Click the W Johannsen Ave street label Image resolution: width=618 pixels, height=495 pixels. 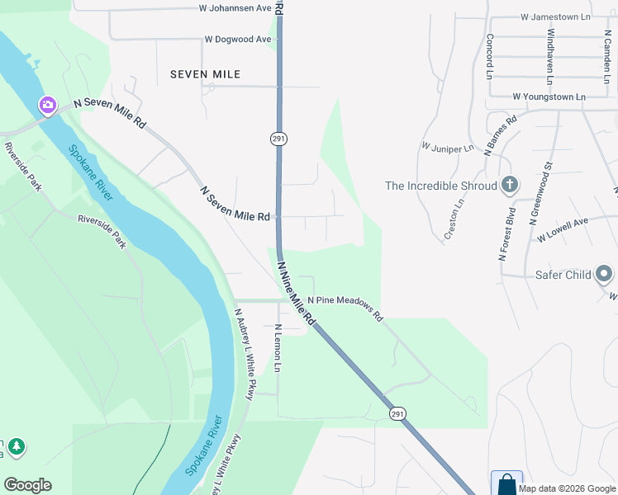click(235, 8)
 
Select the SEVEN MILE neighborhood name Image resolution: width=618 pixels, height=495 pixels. click(205, 74)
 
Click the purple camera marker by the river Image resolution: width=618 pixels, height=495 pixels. click(48, 105)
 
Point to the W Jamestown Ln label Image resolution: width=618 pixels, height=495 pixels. click(556, 16)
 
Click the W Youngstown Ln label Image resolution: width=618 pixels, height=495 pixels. click(549, 97)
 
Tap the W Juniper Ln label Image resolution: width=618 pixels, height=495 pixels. click(447, 148)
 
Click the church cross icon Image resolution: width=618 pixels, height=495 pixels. click(510, 185)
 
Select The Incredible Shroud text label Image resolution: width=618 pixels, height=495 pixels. click(441, 186)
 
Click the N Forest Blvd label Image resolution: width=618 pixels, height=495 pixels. click(506, 235)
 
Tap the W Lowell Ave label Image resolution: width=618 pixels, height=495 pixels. click(562, 229)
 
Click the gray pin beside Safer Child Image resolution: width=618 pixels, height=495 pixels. click(605, 274)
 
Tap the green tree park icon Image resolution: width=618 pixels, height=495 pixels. click(16, 447)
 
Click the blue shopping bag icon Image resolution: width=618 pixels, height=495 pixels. click(506, 483)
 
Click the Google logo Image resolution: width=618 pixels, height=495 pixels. click(28, 484)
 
